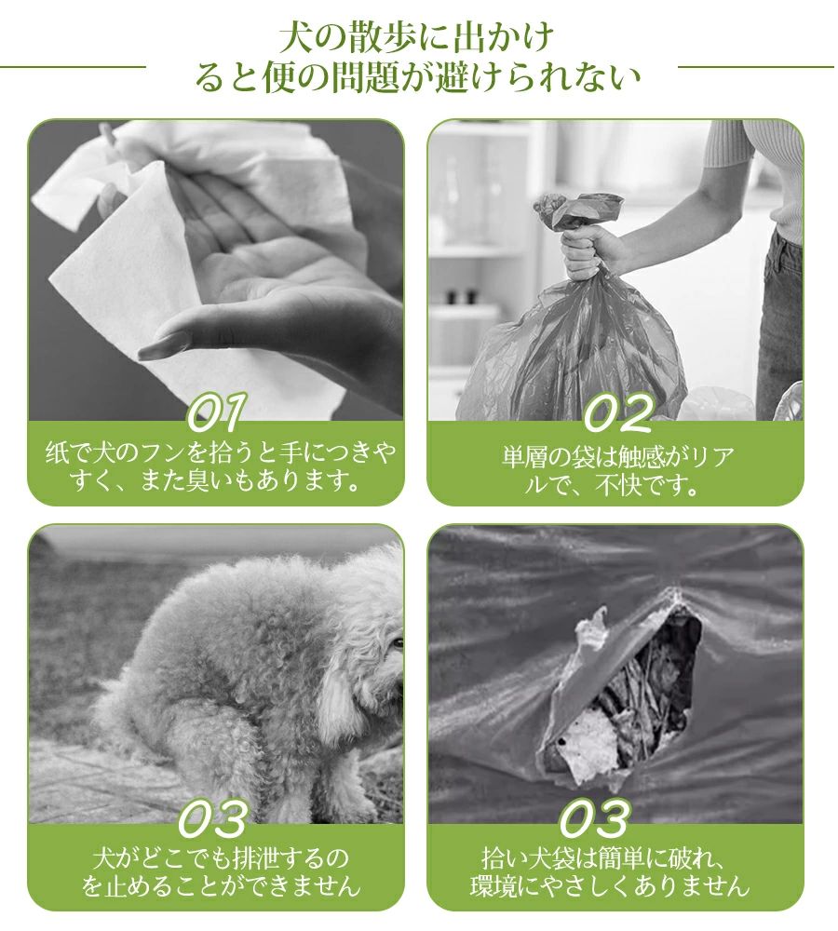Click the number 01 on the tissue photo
click(x=215, y=411)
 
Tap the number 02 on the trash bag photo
click(x=618, y=412)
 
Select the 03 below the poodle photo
click(x=213, y=818)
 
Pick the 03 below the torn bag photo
click(x=594, y=818)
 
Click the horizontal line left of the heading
click(x=73, y=66)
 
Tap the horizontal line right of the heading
click(x=756, y=66)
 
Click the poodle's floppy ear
click(x=333, y=691)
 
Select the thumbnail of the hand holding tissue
click(x=216, y=270)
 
